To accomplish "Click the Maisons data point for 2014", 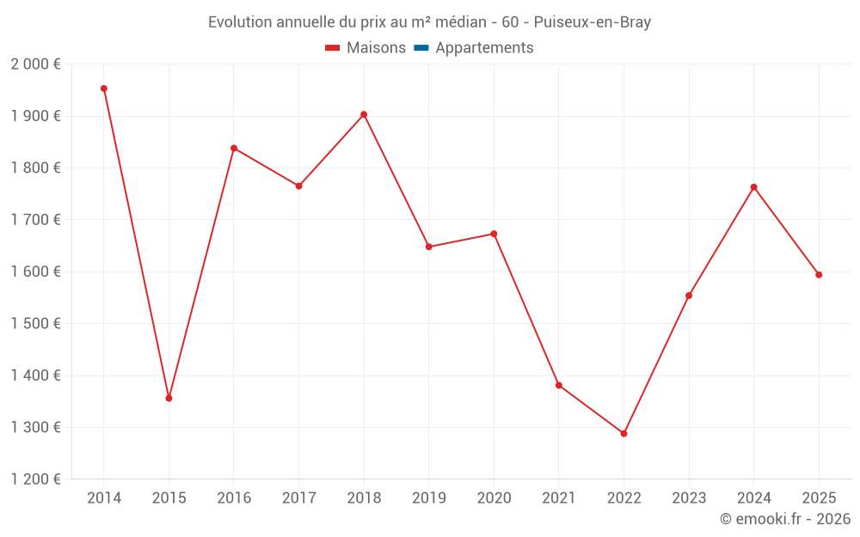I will tap(104, 88).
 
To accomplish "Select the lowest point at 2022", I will tap(623, 433).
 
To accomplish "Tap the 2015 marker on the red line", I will tap(169, 398).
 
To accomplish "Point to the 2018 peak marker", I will tap(364, 114).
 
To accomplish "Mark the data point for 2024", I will tap(753, 187).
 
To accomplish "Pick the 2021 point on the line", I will tap(559, 385).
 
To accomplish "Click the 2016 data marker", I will tap(234, 148).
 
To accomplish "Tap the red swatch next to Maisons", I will tap(333, 48).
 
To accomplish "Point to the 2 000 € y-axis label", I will tap(35, 64).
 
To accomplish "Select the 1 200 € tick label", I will tap(35, 479).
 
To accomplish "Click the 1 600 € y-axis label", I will tap(35, 272).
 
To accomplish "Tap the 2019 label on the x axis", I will tap(429, 498).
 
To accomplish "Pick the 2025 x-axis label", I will tap(819, 498).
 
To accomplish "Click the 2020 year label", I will tap(494, 498).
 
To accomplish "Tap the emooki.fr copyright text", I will tap(784, 519).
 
